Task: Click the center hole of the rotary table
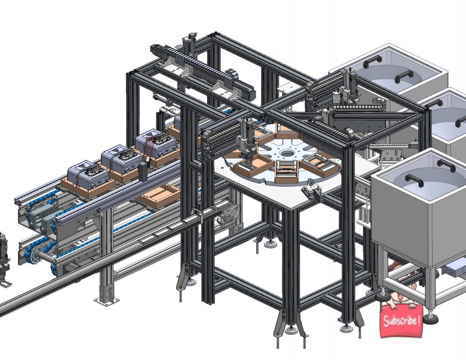tap(285, 153)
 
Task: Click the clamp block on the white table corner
tap(314, 191)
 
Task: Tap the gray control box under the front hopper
tap(454, 268)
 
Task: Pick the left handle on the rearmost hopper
tap(373, 59)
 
